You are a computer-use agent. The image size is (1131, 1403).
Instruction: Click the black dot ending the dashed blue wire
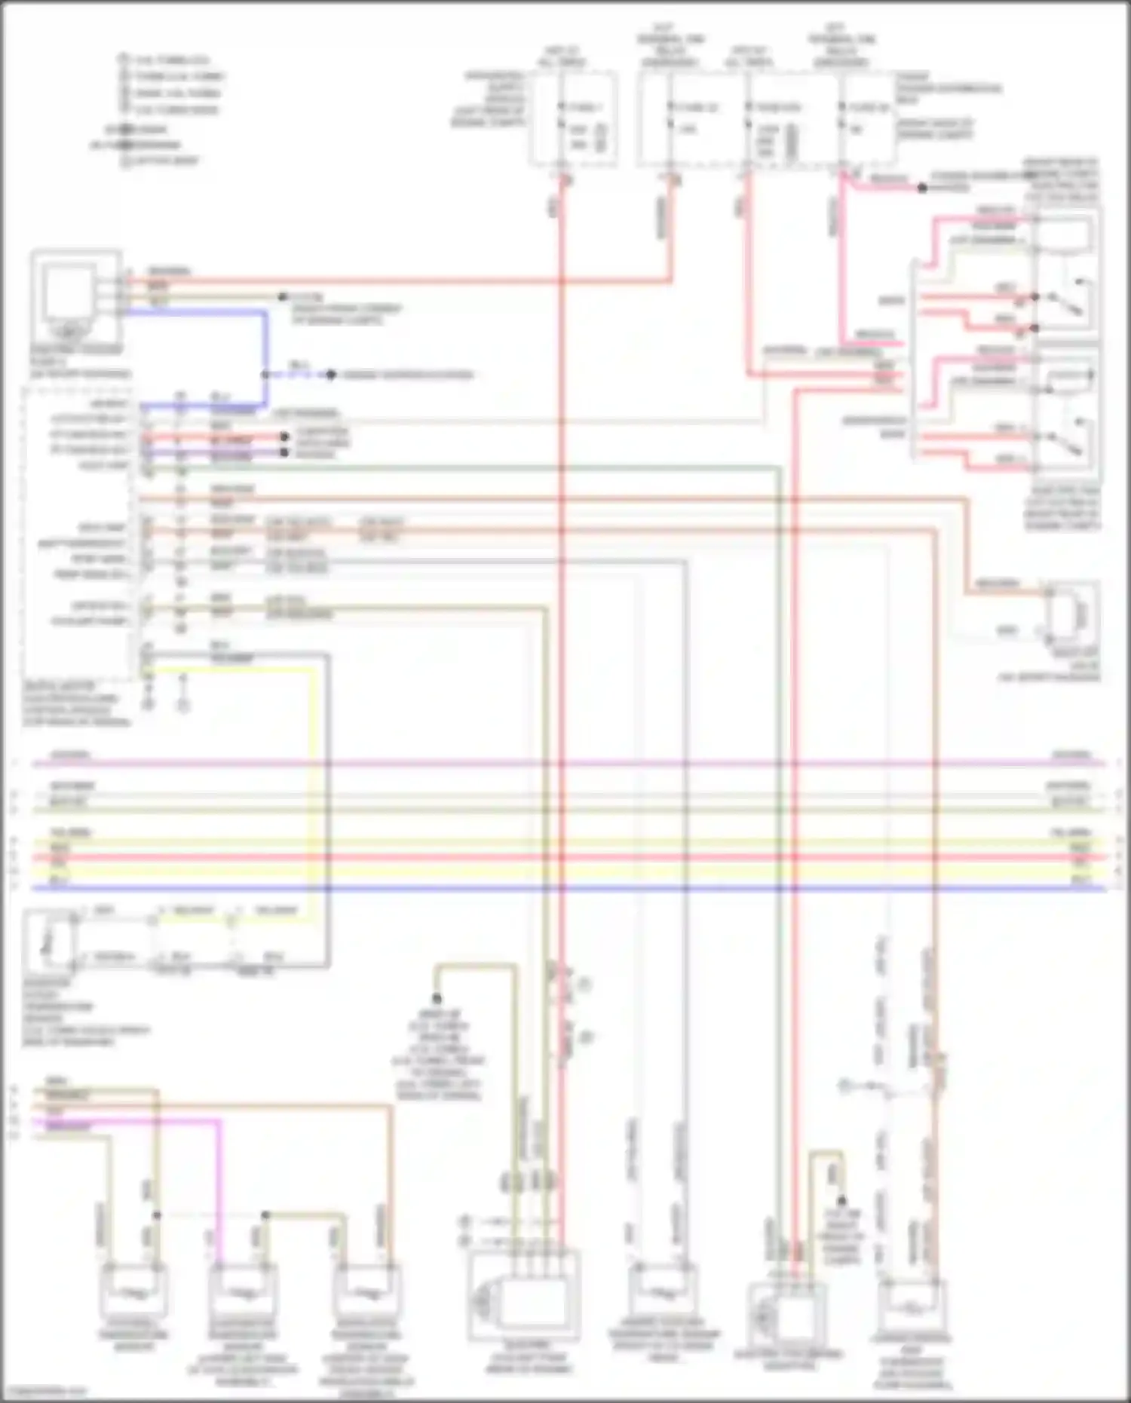coord(330,375)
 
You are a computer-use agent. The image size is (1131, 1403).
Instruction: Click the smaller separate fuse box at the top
coord(573,121)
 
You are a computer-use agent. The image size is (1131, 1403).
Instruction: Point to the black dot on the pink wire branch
coord(921,188)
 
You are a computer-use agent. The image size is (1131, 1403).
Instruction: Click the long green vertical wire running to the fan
coord(779,829)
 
